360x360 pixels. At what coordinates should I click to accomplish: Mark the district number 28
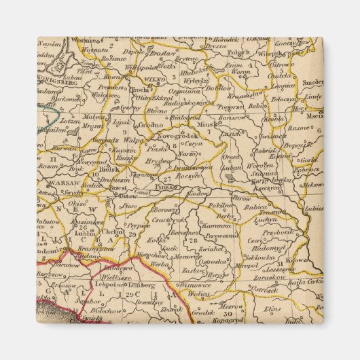[x=194, y=240]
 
